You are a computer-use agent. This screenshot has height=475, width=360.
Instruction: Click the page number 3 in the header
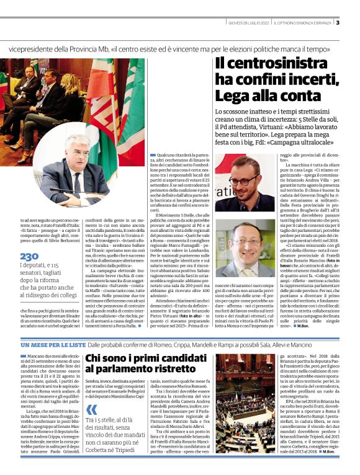click(x=338, y=23)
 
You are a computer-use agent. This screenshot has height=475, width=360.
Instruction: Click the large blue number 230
click(x=29, y=255)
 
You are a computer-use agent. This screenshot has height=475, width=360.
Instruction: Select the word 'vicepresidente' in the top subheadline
click(x=33, y=48)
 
